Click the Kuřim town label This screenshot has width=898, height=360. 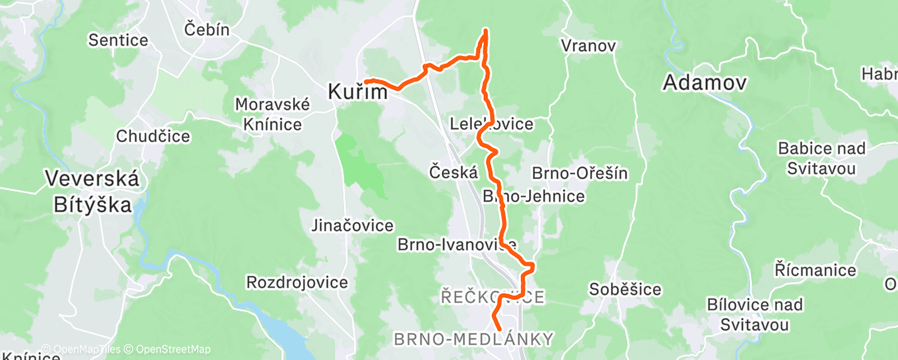pos(357,92)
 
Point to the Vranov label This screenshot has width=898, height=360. pos(588,46)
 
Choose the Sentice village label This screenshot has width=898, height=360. pos(118,40)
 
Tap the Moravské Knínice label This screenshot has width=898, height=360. pos(272,114)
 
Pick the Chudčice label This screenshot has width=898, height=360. pos(154,136)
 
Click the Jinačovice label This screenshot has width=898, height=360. pos(352,225)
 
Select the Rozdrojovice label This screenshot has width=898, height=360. pos(297,282)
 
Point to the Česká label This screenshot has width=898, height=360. pos(453,172)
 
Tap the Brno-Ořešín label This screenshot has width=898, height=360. pos(580,173)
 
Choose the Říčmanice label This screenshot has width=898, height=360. pos(809,269)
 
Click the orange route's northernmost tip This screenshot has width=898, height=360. pos(485,31)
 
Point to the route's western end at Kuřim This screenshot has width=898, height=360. pos(366,80)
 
